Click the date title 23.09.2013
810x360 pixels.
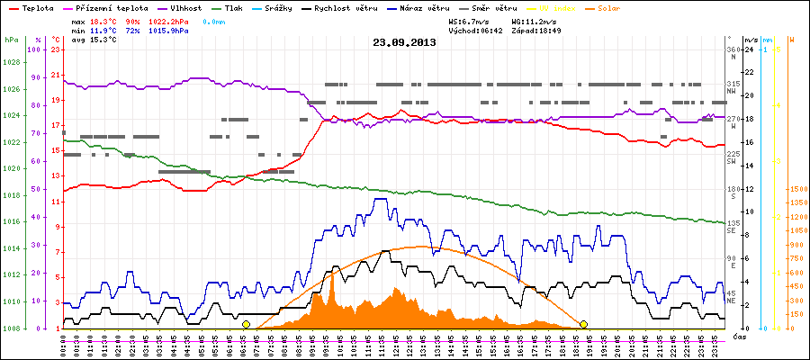pos(404,41)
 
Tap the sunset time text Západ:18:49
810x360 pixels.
pos(537,30)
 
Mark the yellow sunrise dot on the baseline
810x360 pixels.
pos(246,324)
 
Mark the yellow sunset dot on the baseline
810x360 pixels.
pos(583,324)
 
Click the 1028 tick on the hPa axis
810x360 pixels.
pos(12,62)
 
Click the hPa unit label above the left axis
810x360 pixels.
pos(11,40)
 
